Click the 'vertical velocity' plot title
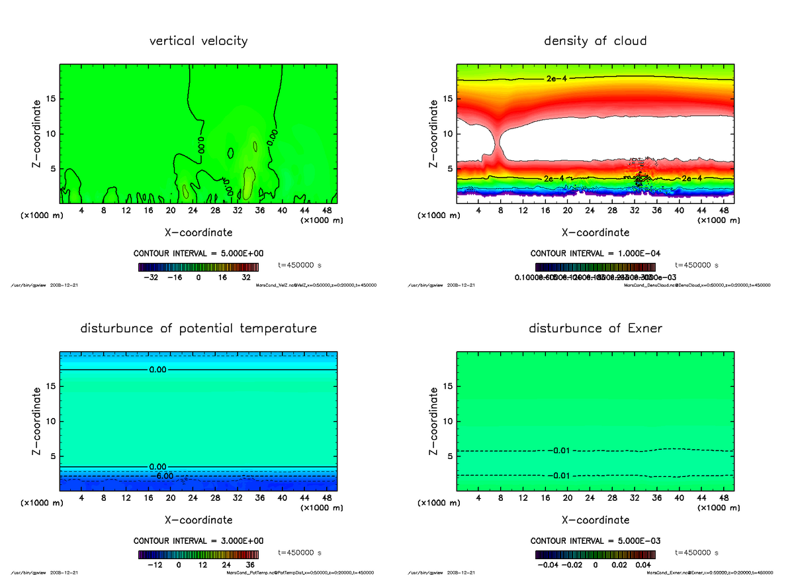point(198,41)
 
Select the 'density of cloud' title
point(595,41)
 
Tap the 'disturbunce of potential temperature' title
point(198,329)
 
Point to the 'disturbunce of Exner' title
point(595,329)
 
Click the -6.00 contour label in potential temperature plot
point(162,476)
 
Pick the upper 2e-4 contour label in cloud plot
point(558,79)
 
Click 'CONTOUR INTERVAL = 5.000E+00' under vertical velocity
point(198,254)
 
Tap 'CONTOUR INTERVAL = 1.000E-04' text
point(595,254)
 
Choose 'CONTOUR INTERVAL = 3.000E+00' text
point(198,541)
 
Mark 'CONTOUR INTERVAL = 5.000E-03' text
point(595,541)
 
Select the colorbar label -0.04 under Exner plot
point(549,565)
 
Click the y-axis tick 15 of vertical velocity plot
point(51,99)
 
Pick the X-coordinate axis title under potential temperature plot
point(198,520)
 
